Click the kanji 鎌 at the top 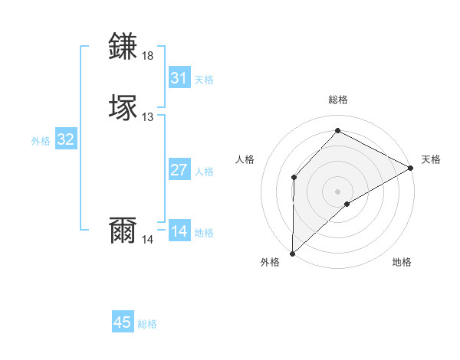[x=124, y=47]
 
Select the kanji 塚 [x=124, y=106]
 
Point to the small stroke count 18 [x=148, y=56]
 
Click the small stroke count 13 [x=148, y=116]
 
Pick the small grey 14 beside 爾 [x=148, y=239]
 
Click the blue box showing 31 [x=179, y=78]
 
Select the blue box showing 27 [x=179, y=170]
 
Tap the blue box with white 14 [x=179, y=231]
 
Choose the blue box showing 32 [x=66, y=139]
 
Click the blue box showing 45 [x=123, y=322]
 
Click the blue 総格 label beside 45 [x=147, y=324]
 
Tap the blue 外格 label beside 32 [x=41, y=141]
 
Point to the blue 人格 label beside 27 [x=205, y=172]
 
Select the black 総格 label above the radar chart [x=337, y=100]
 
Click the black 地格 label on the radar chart [x=402, y=263]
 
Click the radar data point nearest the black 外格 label [x=292, y=253]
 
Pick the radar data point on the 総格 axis [x=337, y=130]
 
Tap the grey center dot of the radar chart [x=337, y=191]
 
